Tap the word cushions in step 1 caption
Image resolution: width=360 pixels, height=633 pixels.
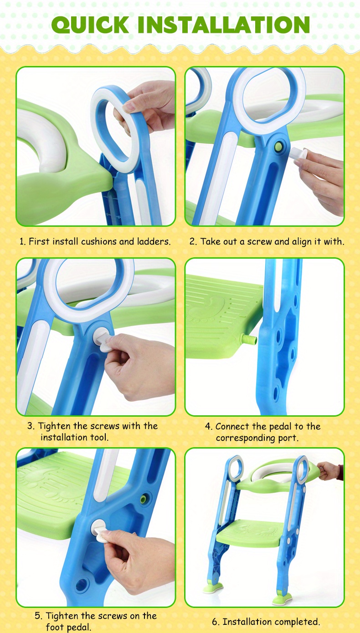click(x=99, y=241)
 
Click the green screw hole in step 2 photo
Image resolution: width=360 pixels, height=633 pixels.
click(x=277, y=147)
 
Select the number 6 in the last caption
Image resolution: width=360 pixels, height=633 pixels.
click(x=215, y=622)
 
